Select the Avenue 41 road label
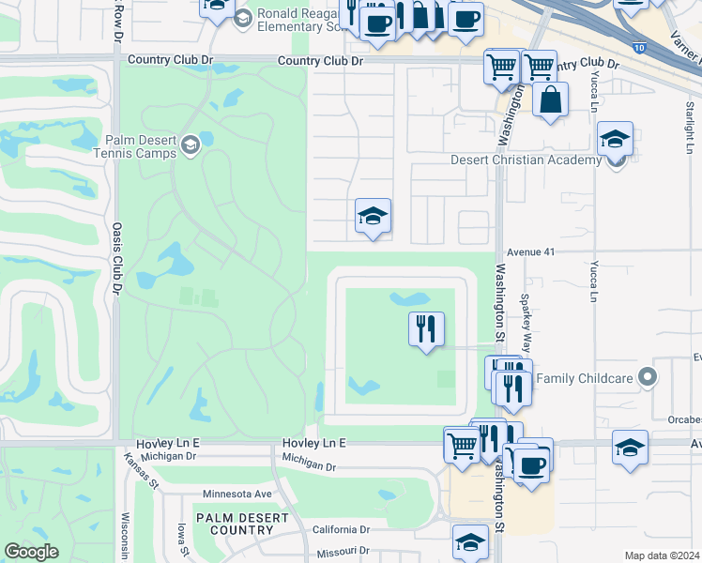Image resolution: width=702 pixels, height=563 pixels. (x=532, y=252)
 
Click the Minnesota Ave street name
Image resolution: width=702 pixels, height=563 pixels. (x=237, y=494)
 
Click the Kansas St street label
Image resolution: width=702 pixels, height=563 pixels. (x=138, y=469)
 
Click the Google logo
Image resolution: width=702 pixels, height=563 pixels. (x=30, y=552)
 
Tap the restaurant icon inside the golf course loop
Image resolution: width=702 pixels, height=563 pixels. (x=426, y=328)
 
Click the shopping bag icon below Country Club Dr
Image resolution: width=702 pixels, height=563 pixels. (x=550, y=99)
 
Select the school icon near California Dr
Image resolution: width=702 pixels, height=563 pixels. (x=470, y=541)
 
